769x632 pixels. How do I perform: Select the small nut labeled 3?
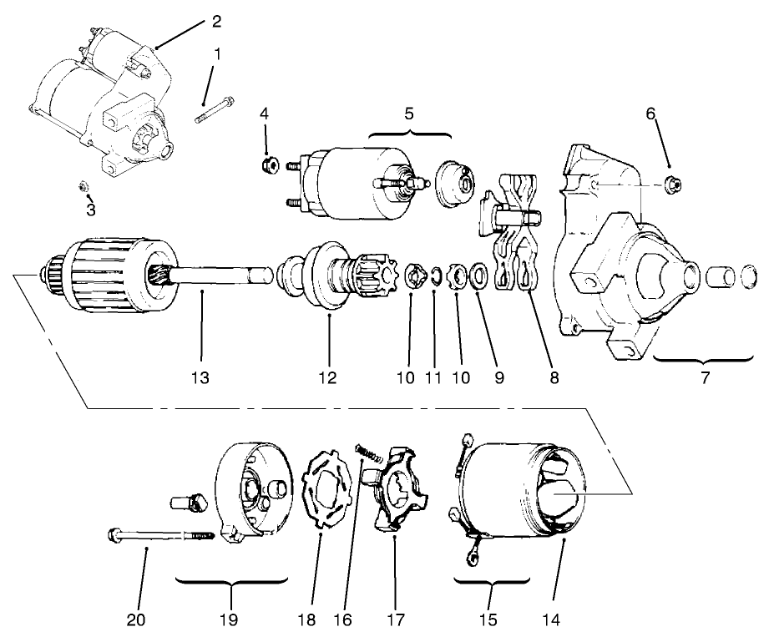click(x=83, y=185)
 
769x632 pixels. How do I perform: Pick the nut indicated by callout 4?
click(x=269, y=160)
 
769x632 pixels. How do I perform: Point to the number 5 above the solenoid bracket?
click(x=409, y=114)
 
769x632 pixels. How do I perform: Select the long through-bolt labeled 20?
click(x=159, y=535)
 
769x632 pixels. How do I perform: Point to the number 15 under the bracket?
click(x=490, y=619)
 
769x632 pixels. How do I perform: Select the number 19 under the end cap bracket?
click(x=229, y=619)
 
